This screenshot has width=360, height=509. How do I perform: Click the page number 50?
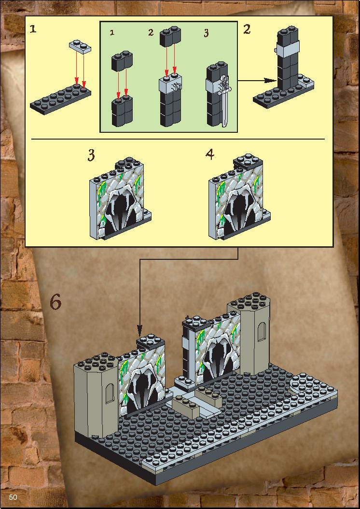[13, 497]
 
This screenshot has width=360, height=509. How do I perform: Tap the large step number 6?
[55, 302]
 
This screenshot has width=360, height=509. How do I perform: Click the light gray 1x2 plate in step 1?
[80, 46]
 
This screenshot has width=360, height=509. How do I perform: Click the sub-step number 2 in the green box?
[151, 32]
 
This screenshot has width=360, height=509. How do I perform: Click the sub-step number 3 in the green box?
[206, 33]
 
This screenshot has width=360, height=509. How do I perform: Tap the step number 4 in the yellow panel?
[210, 154]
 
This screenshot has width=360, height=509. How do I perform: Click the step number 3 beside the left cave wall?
[91, 155]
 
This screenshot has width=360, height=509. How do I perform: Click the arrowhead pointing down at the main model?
[140, 332]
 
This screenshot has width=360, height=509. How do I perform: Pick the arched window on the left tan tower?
[110, 394]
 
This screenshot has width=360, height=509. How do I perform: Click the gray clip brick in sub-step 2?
[171, 85]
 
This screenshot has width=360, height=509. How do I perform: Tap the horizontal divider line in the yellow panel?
[178, 139]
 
